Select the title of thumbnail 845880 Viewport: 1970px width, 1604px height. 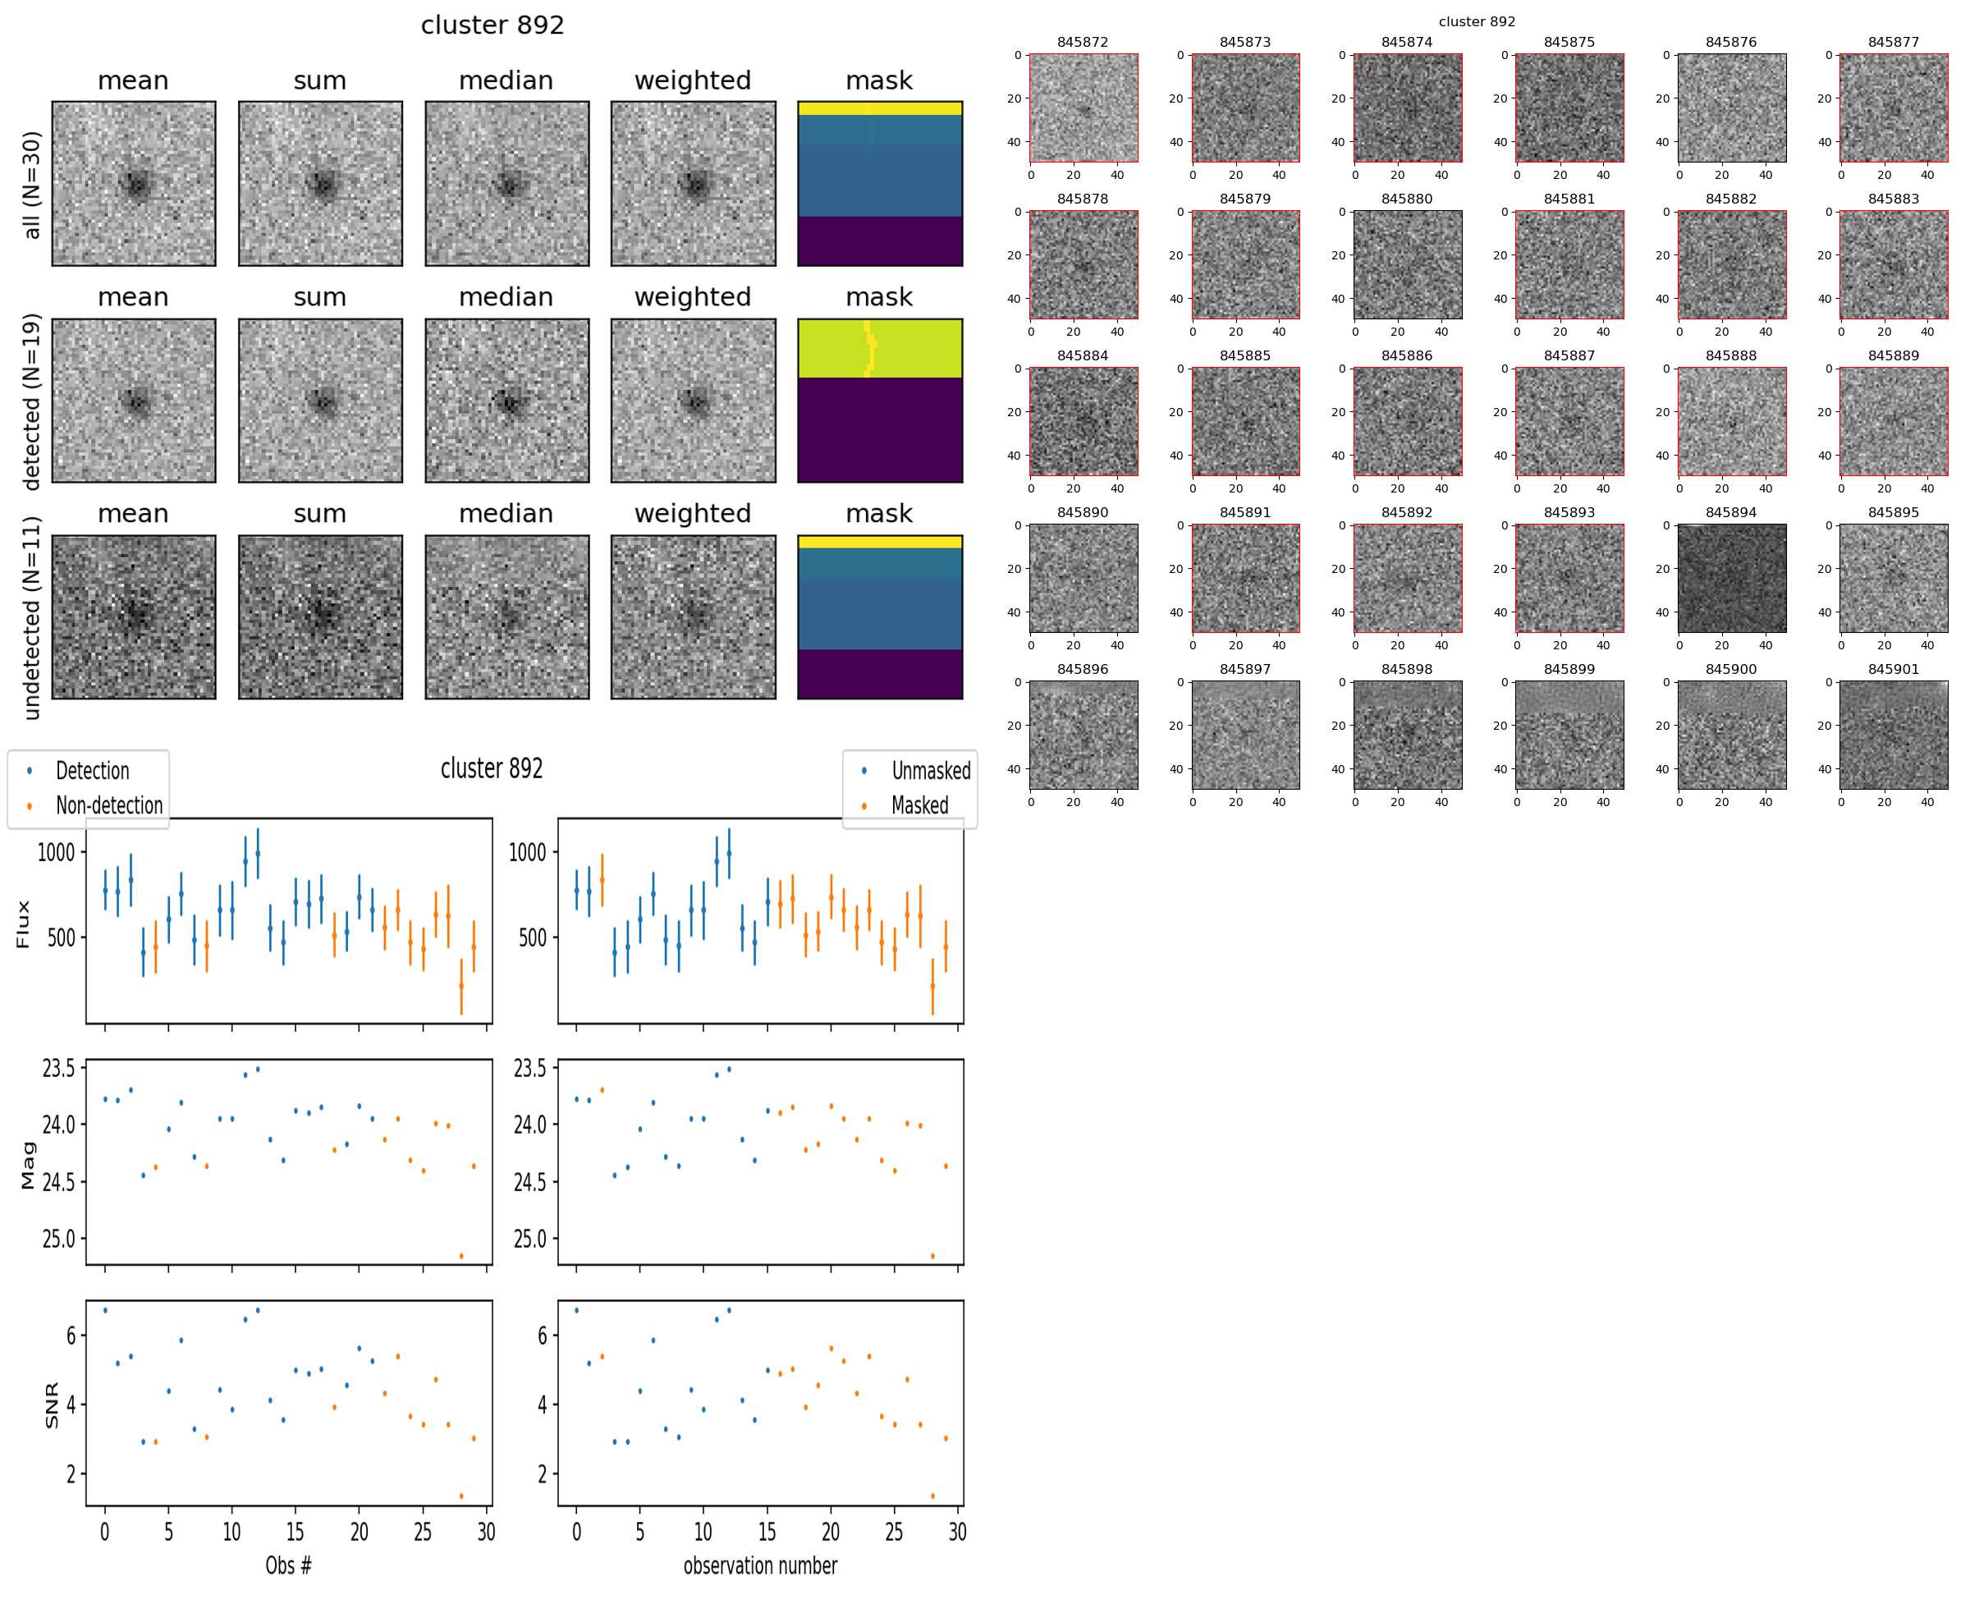click(x=1406, y=199)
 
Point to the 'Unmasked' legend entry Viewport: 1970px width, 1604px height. click(x=931, y=771)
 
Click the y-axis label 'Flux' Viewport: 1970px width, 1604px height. click(x=23, y=924)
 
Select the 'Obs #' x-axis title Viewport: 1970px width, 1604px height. click(x=288, y=1565)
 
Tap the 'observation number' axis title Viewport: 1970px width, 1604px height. click(x=759, y=1565)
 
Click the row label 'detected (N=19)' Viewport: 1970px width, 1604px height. click(x=31, y=401)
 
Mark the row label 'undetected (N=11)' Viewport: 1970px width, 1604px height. click(x=31, y=617)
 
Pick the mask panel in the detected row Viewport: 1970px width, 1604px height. click(x=880, y=401)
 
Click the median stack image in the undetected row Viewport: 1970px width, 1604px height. click(x=506, y=617)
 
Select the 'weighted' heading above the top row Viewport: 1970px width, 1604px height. click(x=692, y=80)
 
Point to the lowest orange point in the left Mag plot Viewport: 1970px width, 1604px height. click(x=461, y=1256)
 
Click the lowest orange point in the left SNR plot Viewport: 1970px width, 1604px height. click(x=461, y=1496)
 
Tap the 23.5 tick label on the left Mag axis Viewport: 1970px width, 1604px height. click(x=58, y=1068)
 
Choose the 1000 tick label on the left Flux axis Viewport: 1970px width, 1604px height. click(x=56, y=852)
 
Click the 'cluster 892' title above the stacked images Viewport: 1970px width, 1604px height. click(x=492, y=25)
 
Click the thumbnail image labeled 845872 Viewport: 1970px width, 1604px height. click(x=1083, y=108)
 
